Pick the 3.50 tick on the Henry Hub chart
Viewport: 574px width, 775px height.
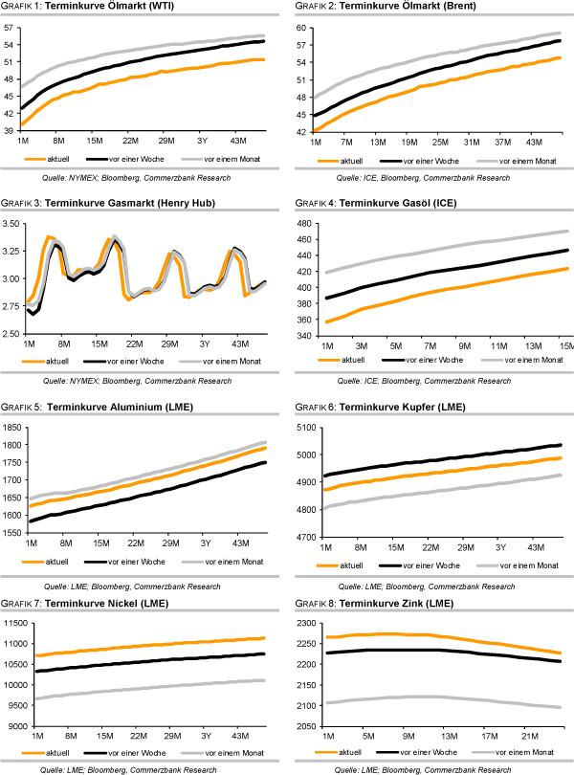(12, 224)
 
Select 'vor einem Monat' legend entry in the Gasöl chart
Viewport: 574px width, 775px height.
(528, 359)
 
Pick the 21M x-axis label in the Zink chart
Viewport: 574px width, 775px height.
(525, 737)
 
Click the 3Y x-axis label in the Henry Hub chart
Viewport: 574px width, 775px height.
(204, 343)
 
